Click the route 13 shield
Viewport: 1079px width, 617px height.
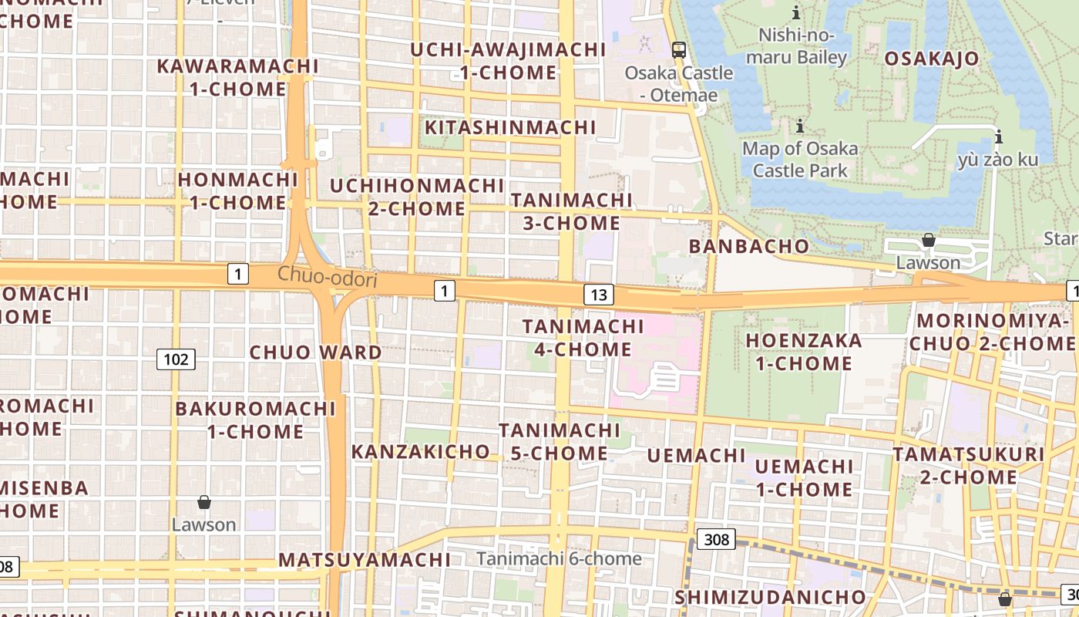[599, 294]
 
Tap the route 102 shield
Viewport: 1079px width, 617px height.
[176, 359]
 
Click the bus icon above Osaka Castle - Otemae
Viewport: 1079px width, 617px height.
[678, 50]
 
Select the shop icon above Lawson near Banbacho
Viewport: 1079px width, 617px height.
[929, 241]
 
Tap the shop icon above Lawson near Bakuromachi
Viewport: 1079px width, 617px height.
[203, 503]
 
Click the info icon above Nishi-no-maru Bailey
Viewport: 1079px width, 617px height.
[796, 12]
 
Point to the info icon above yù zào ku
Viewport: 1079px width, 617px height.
[999, 137]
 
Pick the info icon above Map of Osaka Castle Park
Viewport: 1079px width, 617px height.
[800, 126]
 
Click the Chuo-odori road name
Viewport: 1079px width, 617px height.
[328, 277]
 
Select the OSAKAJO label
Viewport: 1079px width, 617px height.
[931, 59]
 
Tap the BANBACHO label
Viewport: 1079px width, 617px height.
[749, 247]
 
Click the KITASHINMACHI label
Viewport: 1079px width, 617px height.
[511, 127]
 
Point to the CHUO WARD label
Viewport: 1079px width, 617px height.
[316, 352]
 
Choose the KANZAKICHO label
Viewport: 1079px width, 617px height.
[421, 452]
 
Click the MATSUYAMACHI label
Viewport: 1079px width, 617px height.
[365, 560]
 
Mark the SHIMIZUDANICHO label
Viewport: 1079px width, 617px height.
[771, 598]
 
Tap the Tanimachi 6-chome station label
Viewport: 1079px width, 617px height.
[559, 558]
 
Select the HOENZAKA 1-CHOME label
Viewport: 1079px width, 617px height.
[804, 352]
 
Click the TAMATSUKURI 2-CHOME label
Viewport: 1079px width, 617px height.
[969, 466]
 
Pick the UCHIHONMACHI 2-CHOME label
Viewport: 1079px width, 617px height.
[417, 197]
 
